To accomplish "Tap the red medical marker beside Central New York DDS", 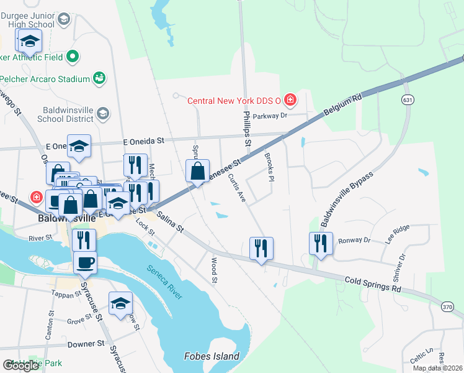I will point(290,99).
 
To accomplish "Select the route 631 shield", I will point(407,100).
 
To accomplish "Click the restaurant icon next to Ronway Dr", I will point(321,243).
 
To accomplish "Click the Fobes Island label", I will point(212,356).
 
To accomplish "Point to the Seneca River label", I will point(164,282).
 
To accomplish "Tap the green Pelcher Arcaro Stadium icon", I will point(99,78).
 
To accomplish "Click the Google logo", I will point(20,366).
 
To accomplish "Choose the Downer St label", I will point(86,344).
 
